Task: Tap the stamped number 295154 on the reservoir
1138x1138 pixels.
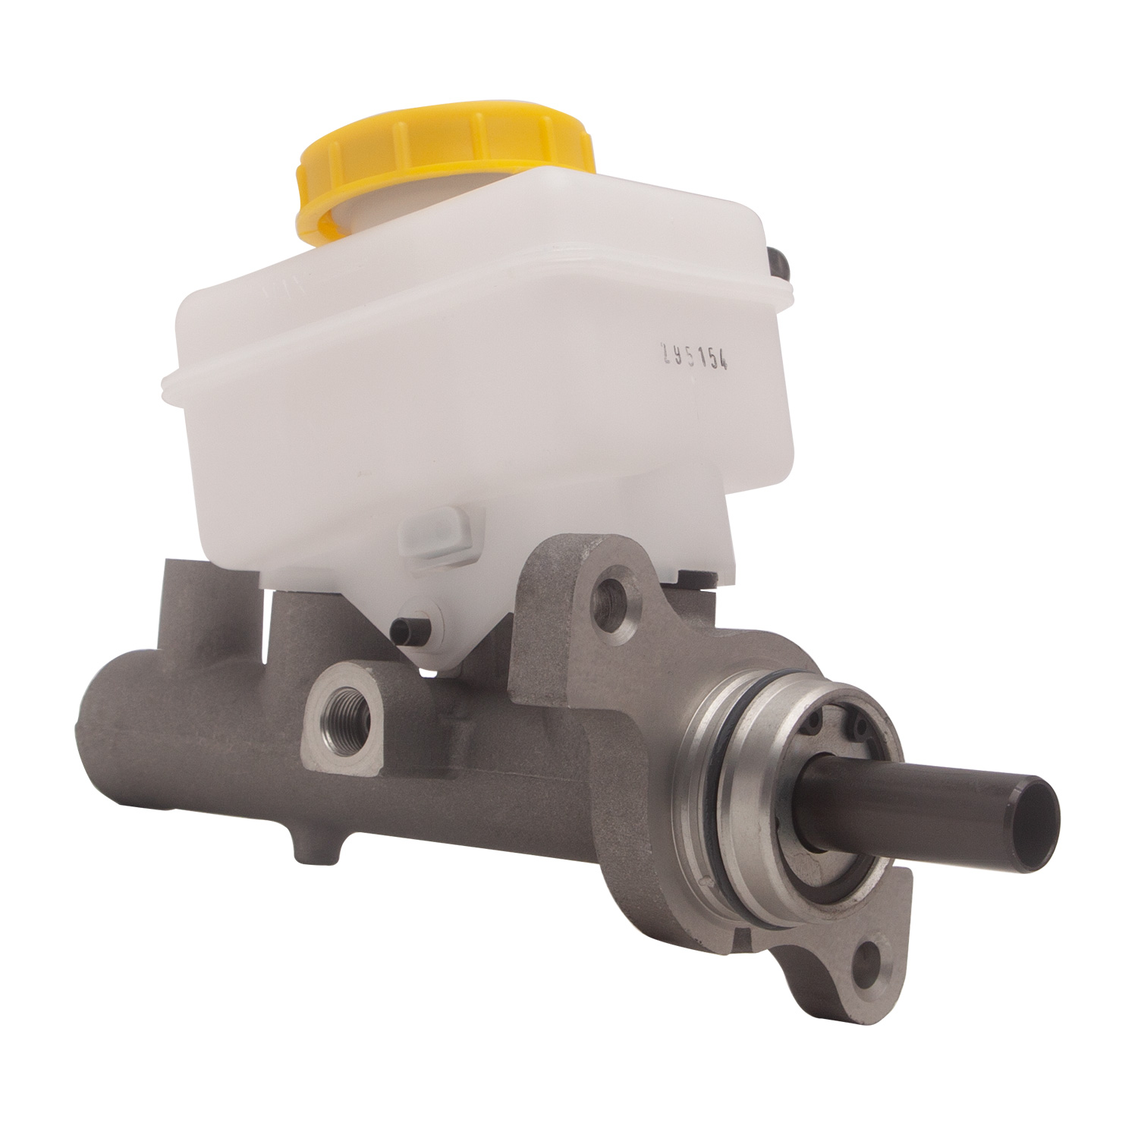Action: (x=695, y=357)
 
